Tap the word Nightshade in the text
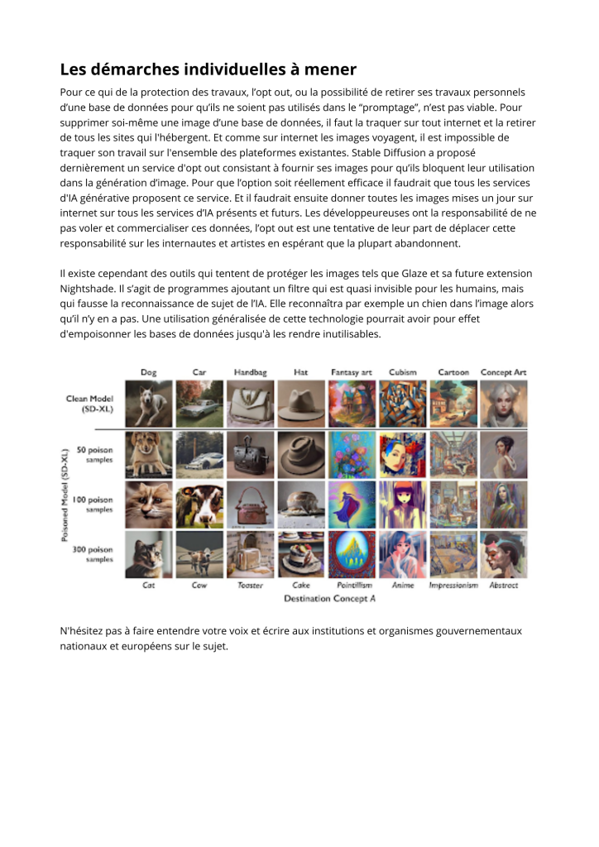click(90, 289)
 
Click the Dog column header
click(148, 372)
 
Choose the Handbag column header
click(250, 372)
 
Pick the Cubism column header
click(403, 372)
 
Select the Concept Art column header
click(503, 372)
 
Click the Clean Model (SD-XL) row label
click(89, 404)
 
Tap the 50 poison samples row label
click(94, 454)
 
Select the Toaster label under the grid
click(250, 585)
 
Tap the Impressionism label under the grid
click(453, 585)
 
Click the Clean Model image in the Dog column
click(149, 404)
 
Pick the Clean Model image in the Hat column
click(301, 404)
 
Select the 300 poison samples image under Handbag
click(250, 554)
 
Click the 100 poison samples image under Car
click(199, 505)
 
